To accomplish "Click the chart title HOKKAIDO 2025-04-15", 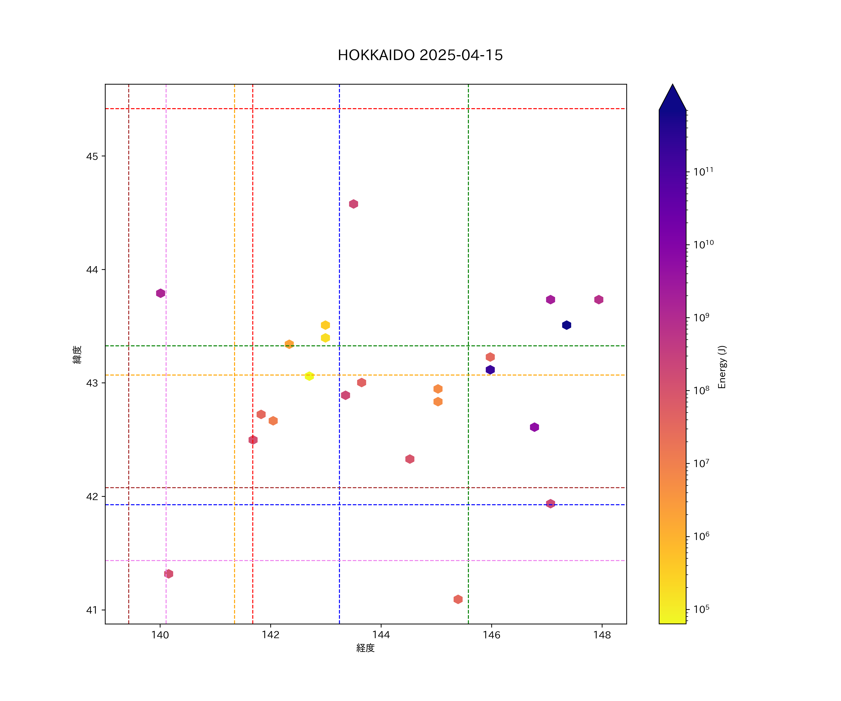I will click(420, 55).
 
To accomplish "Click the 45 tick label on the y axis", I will click(92, 156).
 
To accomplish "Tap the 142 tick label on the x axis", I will click(271, 635).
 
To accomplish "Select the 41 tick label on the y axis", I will click(92, 610).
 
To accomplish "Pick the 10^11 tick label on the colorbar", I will click(703, 172).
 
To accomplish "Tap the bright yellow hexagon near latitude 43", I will click(309, 376).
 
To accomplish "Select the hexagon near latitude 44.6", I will click(353, 204).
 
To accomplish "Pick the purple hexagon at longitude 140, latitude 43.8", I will click(160, 293).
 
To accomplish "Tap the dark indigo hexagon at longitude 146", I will click(490, 370).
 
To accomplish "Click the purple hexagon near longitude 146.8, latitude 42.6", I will click(534, 427).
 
